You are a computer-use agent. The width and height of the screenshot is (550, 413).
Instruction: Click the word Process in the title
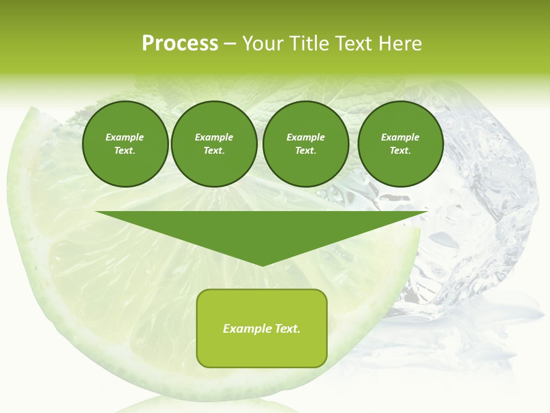pos(180,43)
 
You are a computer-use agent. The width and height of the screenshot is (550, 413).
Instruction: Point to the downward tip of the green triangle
pos(262,264)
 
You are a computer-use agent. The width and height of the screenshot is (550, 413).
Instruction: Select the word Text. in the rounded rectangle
pos(286,329)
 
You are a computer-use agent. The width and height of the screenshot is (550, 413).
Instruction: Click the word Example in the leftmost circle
pos(124,137)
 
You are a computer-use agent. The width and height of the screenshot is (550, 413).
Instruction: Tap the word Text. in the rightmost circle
pos(400,150)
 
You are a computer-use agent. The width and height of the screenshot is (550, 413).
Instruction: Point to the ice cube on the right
pos(481,206)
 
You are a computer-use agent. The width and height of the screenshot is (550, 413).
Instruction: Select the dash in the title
pos(230,44)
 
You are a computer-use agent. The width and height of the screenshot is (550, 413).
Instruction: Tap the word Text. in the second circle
pos(214,150)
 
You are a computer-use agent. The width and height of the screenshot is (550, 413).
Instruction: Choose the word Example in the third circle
pos(305,137)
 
